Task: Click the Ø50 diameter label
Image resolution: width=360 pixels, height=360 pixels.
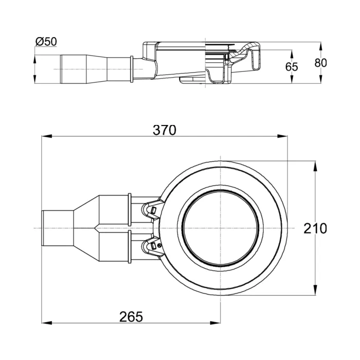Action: click(x=46, y=41)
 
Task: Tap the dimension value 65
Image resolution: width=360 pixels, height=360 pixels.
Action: click(x=292, y=66)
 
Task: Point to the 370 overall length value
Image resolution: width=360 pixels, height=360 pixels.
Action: click(x=165, y=130)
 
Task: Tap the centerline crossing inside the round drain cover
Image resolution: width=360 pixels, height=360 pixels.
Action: click(x=220, y=228)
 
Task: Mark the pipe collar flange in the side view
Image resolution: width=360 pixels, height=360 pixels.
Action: click(x=132, y=68)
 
